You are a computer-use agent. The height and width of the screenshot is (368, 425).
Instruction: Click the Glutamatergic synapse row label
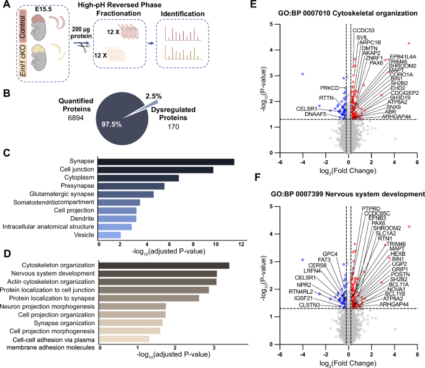click(x=65, y=194)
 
